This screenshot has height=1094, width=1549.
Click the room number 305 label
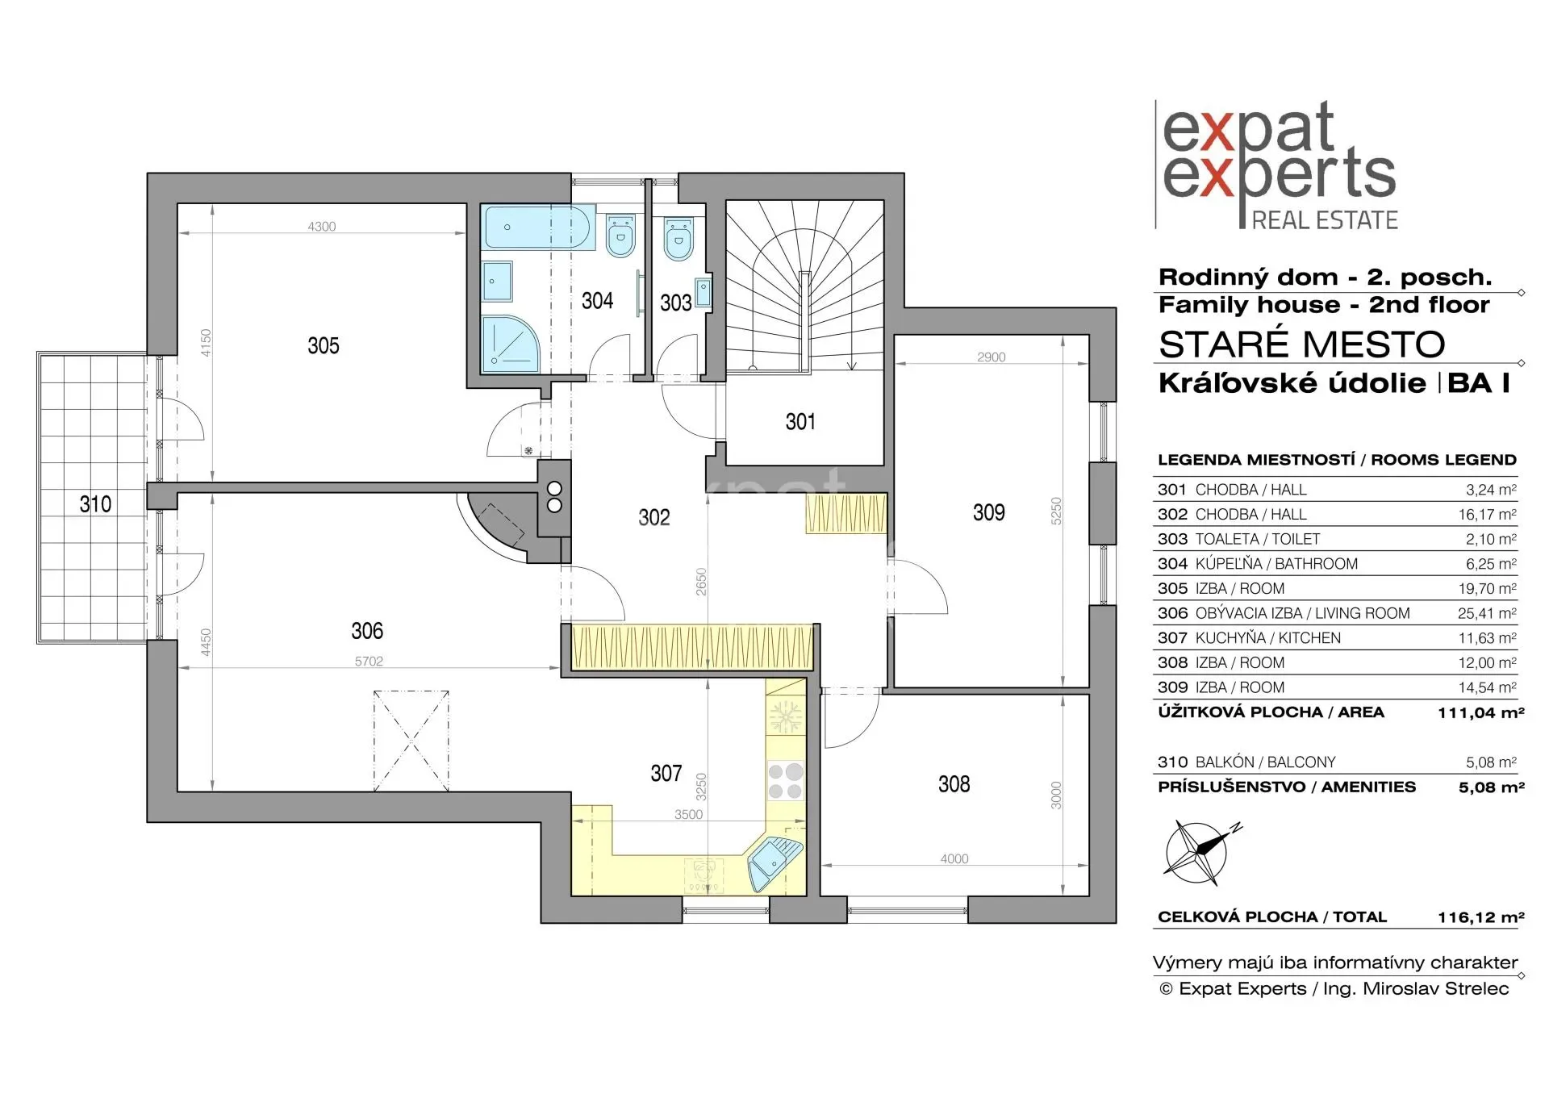[x=323, y=346]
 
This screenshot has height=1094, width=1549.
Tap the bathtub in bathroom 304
[x=538, y=227]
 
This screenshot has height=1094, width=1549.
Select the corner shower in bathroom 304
[x=511, y=344]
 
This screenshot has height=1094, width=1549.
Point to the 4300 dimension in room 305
[x=322, y=227]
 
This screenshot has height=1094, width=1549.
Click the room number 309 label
[x=988, y=512]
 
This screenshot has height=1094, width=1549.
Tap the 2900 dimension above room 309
[x=991, y=357]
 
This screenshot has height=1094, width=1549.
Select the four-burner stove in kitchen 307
[x=785, y=780]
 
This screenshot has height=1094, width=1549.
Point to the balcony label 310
[x=95, y=504]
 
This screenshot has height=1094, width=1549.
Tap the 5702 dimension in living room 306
[x=369, y=662]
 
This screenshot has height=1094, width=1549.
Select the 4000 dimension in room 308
[x=954, y=859]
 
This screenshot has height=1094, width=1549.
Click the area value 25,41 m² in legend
[x=1487, y=613]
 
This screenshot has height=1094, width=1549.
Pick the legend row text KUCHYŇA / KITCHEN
[x=1267, y=638]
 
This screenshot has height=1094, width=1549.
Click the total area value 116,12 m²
[x=1480, y=917]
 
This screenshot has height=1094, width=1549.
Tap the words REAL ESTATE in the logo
[x=1325, y=220]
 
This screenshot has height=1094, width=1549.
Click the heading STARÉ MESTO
[x=1301, y=344]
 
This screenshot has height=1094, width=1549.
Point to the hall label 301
[x=800, y=421]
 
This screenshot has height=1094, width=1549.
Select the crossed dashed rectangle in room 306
[x=411, y=741]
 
